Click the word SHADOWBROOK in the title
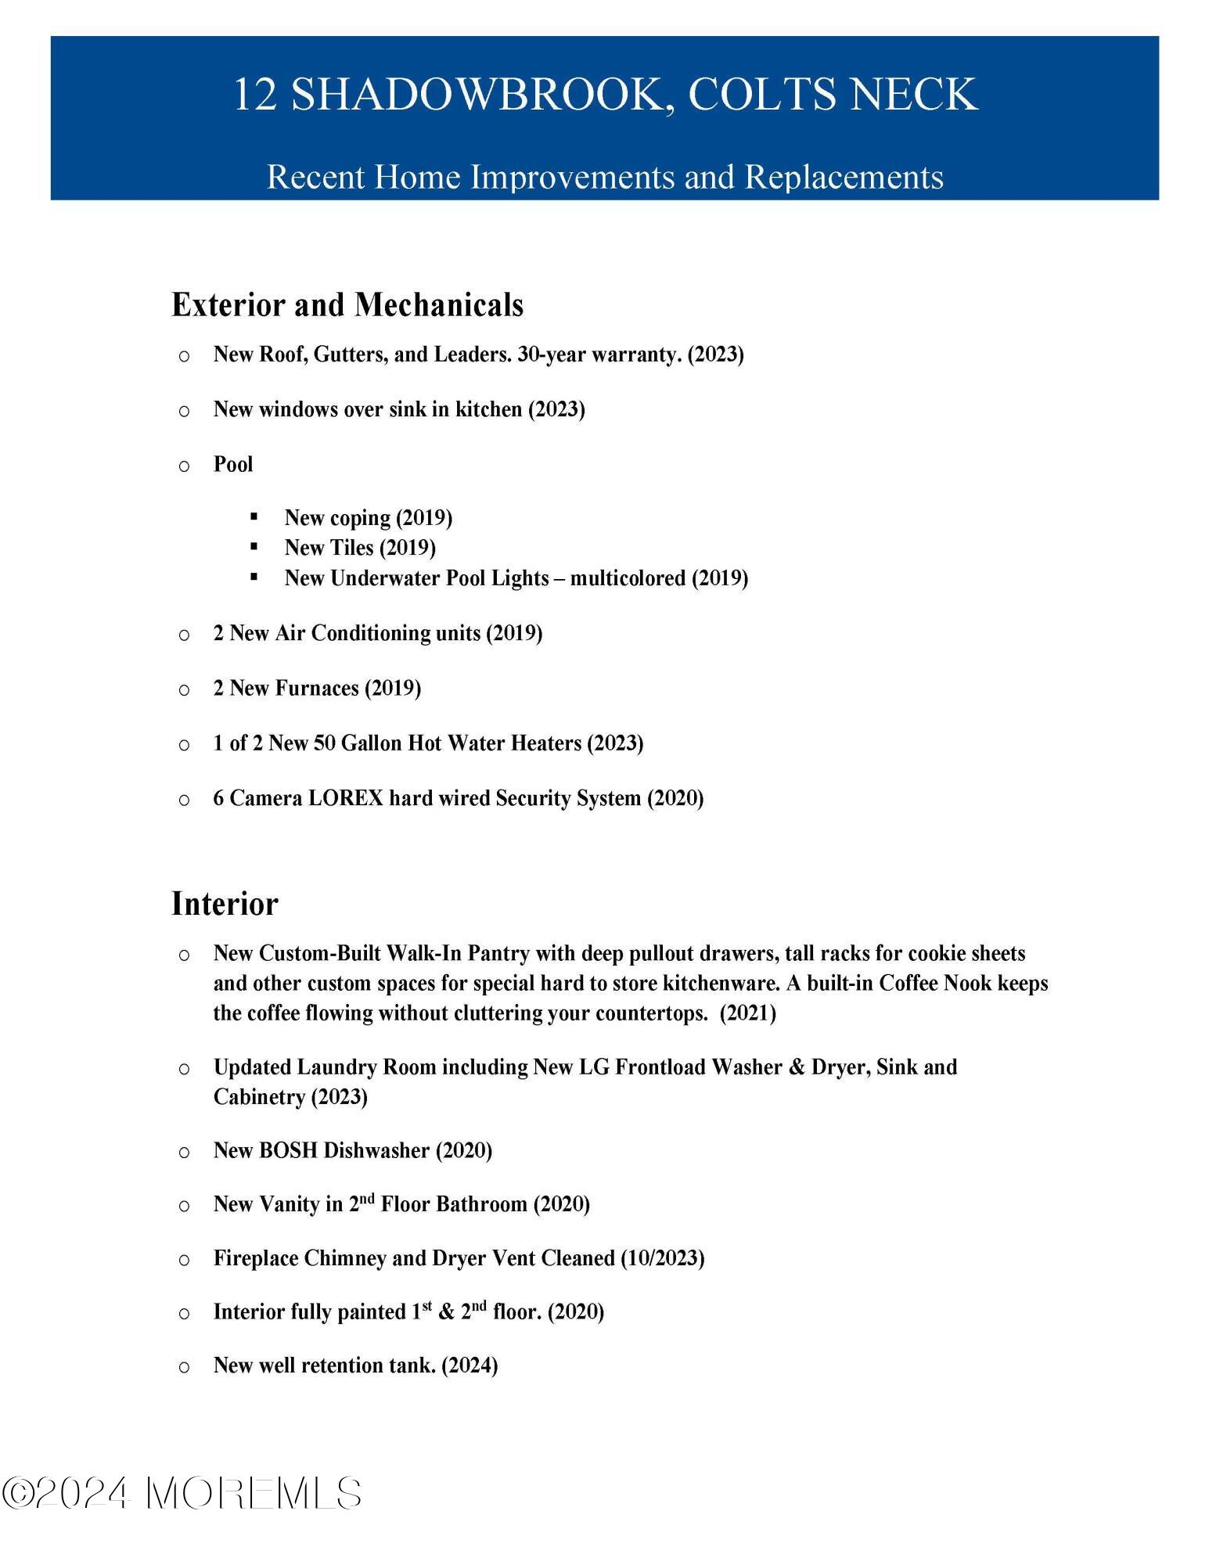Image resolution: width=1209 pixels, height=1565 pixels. pyautogui.click(x=478, y=94)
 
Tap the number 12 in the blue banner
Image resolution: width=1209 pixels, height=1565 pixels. pyautogui.click(x=255, y=94)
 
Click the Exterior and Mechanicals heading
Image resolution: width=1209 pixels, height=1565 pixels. pyautogui.click(x=347, y=304)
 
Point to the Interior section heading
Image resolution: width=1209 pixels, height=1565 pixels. pyautogui.click(x=225, y=904)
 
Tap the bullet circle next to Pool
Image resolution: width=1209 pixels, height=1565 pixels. pyautogui.click(x=184, y=466)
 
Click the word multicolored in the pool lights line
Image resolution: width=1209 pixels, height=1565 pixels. pyautogui.click(x=628, y=578)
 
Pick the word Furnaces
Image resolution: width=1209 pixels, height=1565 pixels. pyautogui.click(x=316, y=689)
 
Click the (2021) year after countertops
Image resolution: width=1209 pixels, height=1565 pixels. pyautogui.click(x=747, y=1013)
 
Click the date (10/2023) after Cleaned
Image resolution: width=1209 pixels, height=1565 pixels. pyautogui.click(x=662, y=1258)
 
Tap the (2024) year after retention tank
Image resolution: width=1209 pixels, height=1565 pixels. pyautogui.click(x=470, y=1365)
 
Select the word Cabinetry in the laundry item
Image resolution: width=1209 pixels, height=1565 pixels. pyautogui.click(x=260, y=1097)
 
